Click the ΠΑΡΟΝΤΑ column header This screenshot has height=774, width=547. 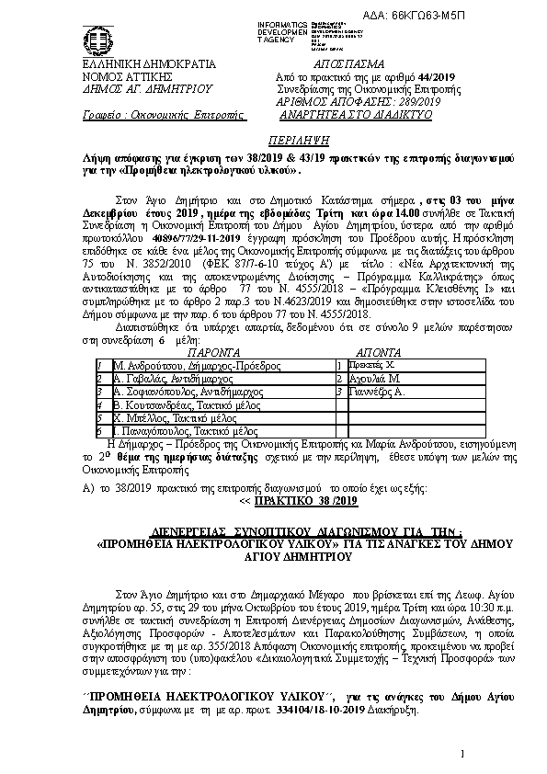pyautogui.click(x=214, y=377)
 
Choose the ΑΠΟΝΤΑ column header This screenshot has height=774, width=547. pyautogui.click(x=376, y=377)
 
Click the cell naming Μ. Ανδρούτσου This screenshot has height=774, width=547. pyautogui.click(x=184, y=390)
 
